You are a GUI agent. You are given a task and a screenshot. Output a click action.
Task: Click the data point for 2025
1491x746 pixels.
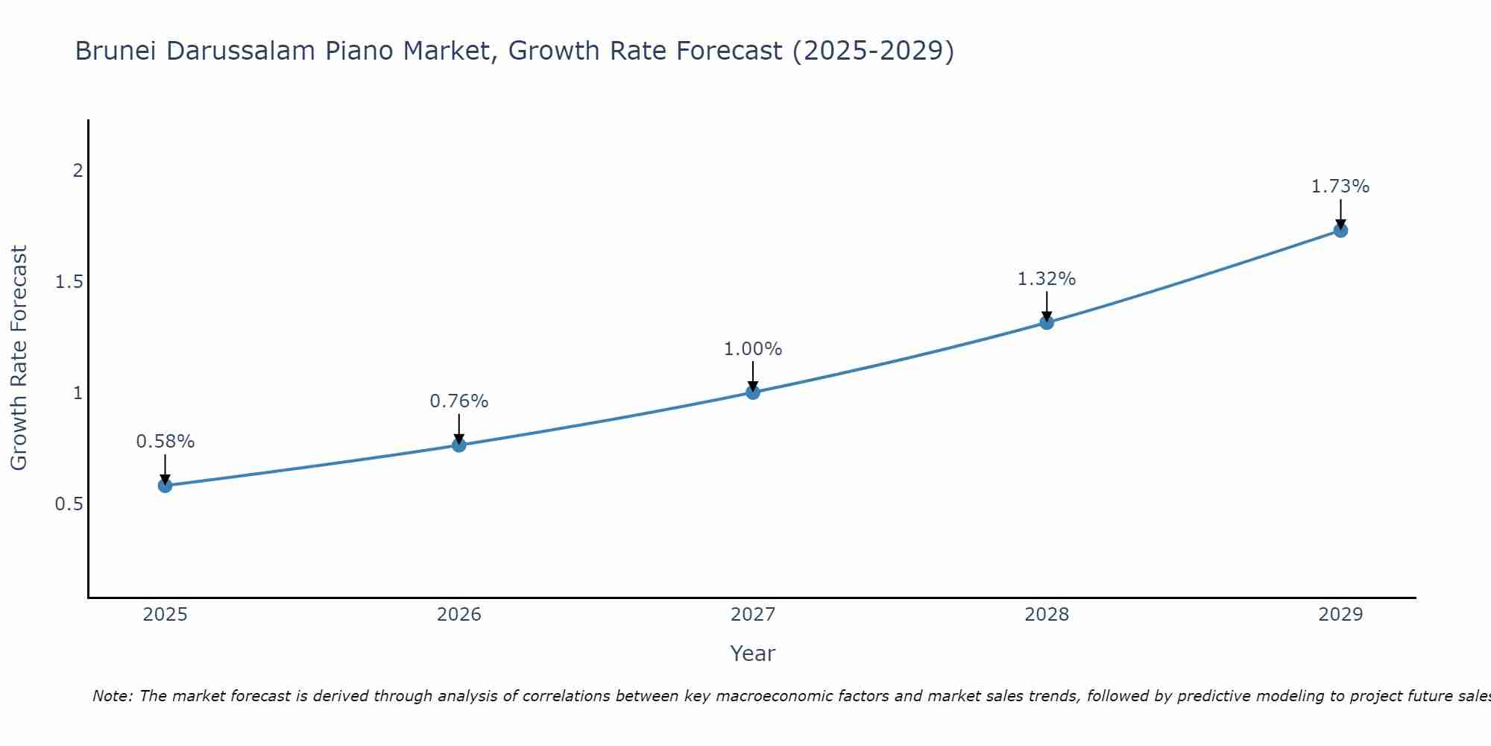pyautogui.click(x=166, y=486)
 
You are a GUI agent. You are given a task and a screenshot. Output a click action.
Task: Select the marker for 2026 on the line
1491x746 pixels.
pyautogui.click(x=459, y=445)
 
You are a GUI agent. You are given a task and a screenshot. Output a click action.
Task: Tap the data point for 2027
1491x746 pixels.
pyautogui.click(x=753, y=392)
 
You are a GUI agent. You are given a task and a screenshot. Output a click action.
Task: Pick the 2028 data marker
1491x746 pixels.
pyautogui.click(x=1047, y=322)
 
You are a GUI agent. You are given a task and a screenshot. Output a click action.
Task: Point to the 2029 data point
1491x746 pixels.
pyautogui.click(x=1340, y=231)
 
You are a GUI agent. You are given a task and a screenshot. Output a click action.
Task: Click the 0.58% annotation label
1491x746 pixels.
pyautogui.click(x=166, y=442)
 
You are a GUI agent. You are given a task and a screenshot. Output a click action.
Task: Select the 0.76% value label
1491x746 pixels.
pyautogui.click(x=459, y=401)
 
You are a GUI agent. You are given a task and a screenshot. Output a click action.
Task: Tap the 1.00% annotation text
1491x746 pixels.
pyautogui.click(x=753, y=349)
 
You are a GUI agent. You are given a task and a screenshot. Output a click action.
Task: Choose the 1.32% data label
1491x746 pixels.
pyautogui.click(x=1047, y=279)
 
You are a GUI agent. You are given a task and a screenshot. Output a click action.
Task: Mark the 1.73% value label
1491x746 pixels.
pyautogui.click(x=1340, y=186)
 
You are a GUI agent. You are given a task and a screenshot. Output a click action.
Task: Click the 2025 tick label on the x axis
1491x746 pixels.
pyautogui.click(x=166, y=615)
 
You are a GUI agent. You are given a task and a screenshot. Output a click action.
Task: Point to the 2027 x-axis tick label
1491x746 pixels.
pyautogui.click(x=753, y=615)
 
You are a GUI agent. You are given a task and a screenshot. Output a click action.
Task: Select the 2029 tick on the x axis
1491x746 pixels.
pyautogui.click(x=1340, y=615)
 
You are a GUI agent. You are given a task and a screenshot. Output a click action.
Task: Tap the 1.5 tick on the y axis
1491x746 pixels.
pyautogui.click(x=69, y=282)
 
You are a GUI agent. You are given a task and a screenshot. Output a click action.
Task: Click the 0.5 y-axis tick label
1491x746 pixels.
pyautogui.click(x=69, y=504)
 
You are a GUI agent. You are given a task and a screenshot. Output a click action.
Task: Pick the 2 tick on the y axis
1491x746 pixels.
pyautogui.click(x=78, y=171)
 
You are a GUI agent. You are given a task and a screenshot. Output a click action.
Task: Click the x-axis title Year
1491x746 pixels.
pyautogui.click(x=753, y=653)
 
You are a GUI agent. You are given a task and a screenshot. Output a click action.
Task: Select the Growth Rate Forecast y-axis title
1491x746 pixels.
pyautogui.click(x=19, y=358)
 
